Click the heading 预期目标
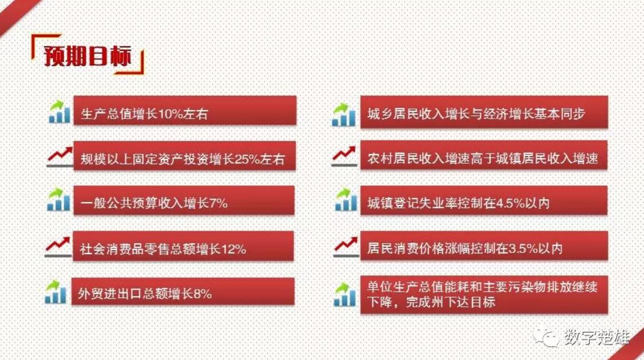coord(88,56)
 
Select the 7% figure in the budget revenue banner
coord(218,203)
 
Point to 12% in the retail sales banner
coord(233,248)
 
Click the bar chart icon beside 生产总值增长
coord(59,112)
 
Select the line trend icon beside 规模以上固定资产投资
coord(59,157)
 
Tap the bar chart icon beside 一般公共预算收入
coord(59,200)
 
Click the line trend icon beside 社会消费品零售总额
coord(58,247)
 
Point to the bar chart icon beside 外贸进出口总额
coord(56,292)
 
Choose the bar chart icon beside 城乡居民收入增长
coord(344,114)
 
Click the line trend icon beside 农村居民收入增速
coord(344,157)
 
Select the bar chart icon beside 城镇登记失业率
coord(346,200)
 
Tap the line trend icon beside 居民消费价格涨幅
coord(346,247)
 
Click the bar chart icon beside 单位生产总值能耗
coord(344,294)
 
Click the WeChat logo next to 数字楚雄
coord(546,338)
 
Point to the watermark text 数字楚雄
coord(597,338)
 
